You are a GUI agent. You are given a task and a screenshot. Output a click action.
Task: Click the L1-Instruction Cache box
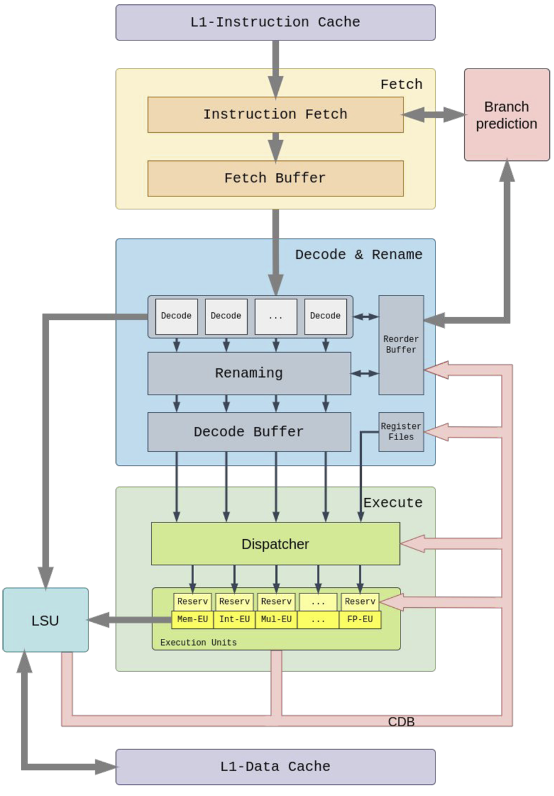point(275,22)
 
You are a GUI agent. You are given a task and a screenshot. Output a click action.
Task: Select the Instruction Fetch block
point(275,115)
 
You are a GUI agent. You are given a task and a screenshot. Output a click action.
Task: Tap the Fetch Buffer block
point(275,178)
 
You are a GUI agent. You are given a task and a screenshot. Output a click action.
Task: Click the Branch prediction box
point(507,115)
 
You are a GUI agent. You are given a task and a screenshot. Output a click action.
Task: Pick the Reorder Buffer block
point(401,345)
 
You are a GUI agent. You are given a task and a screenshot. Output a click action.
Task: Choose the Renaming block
point(249,373)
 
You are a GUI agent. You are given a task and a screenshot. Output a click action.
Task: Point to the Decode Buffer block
point(249,432)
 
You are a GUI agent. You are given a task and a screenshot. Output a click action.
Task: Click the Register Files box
point(401,432)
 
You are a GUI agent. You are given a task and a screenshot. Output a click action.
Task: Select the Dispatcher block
point(275,544)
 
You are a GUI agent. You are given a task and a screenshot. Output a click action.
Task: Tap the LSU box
point(46,620)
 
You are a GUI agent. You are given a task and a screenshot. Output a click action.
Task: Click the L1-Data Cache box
point(275,767)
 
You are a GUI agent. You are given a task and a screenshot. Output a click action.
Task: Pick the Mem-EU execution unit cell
point(192,620)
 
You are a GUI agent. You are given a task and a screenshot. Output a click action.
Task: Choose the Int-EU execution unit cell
point(235,620)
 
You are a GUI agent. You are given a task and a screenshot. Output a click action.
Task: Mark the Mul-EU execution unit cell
point(276,620)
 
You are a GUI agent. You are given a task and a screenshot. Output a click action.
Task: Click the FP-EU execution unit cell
point(360,620)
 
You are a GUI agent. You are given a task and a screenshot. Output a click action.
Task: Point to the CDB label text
point(401,722)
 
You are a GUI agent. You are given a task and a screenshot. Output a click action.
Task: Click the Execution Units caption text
point(198,642)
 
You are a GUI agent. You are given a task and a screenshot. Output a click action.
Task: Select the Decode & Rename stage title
point(358,254)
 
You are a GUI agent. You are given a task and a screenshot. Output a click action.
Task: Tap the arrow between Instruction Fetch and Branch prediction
point(434,115)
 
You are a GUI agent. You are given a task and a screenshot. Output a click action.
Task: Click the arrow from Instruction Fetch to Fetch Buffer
point(275,146)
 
